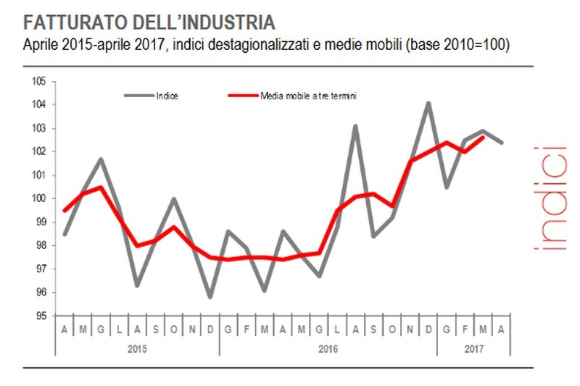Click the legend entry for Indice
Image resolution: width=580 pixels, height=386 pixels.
(167, 95)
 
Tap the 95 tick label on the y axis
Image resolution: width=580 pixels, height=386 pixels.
(41, 316)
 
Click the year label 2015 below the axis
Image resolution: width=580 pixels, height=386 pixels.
(138, 348)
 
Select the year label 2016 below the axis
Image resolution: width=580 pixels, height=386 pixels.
(328, 348)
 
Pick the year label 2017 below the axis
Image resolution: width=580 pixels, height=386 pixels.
(474, 348)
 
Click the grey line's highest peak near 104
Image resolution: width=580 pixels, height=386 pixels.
(428, 103)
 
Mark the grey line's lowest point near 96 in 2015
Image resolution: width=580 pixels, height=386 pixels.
(210, 297)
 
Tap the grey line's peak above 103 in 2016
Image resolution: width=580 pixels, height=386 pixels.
(356, 126)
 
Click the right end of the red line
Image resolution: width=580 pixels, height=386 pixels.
(484, 137)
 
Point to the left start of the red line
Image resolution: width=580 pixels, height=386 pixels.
(65, 211)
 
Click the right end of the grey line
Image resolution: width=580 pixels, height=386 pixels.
(502, 142)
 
